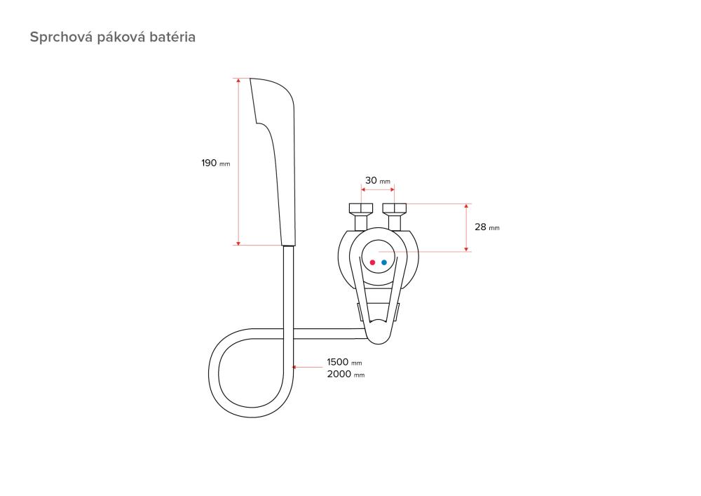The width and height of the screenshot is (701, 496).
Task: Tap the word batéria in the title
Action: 172,36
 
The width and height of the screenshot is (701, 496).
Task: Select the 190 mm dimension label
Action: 215,163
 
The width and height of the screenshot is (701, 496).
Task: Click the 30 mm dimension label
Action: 378,181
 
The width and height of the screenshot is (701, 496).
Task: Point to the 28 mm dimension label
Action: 487,227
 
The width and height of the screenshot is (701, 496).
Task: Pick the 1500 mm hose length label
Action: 344,362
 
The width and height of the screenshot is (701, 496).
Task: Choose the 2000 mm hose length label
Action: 346,375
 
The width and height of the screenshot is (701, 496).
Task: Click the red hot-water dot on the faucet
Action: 372,262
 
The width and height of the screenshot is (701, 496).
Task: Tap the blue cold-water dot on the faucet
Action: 384,262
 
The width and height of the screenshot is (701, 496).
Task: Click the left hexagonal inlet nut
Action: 361,208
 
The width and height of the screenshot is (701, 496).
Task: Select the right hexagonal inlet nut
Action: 394,208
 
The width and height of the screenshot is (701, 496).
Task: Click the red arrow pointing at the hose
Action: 307,367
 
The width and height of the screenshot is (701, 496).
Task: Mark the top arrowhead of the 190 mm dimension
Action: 238,81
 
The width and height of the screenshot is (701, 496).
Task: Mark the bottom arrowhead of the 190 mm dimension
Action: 238,243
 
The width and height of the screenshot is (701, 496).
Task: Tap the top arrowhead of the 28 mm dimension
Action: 466,207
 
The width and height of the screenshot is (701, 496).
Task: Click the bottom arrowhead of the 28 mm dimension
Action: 466,248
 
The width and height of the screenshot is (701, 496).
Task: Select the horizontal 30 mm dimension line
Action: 378,189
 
